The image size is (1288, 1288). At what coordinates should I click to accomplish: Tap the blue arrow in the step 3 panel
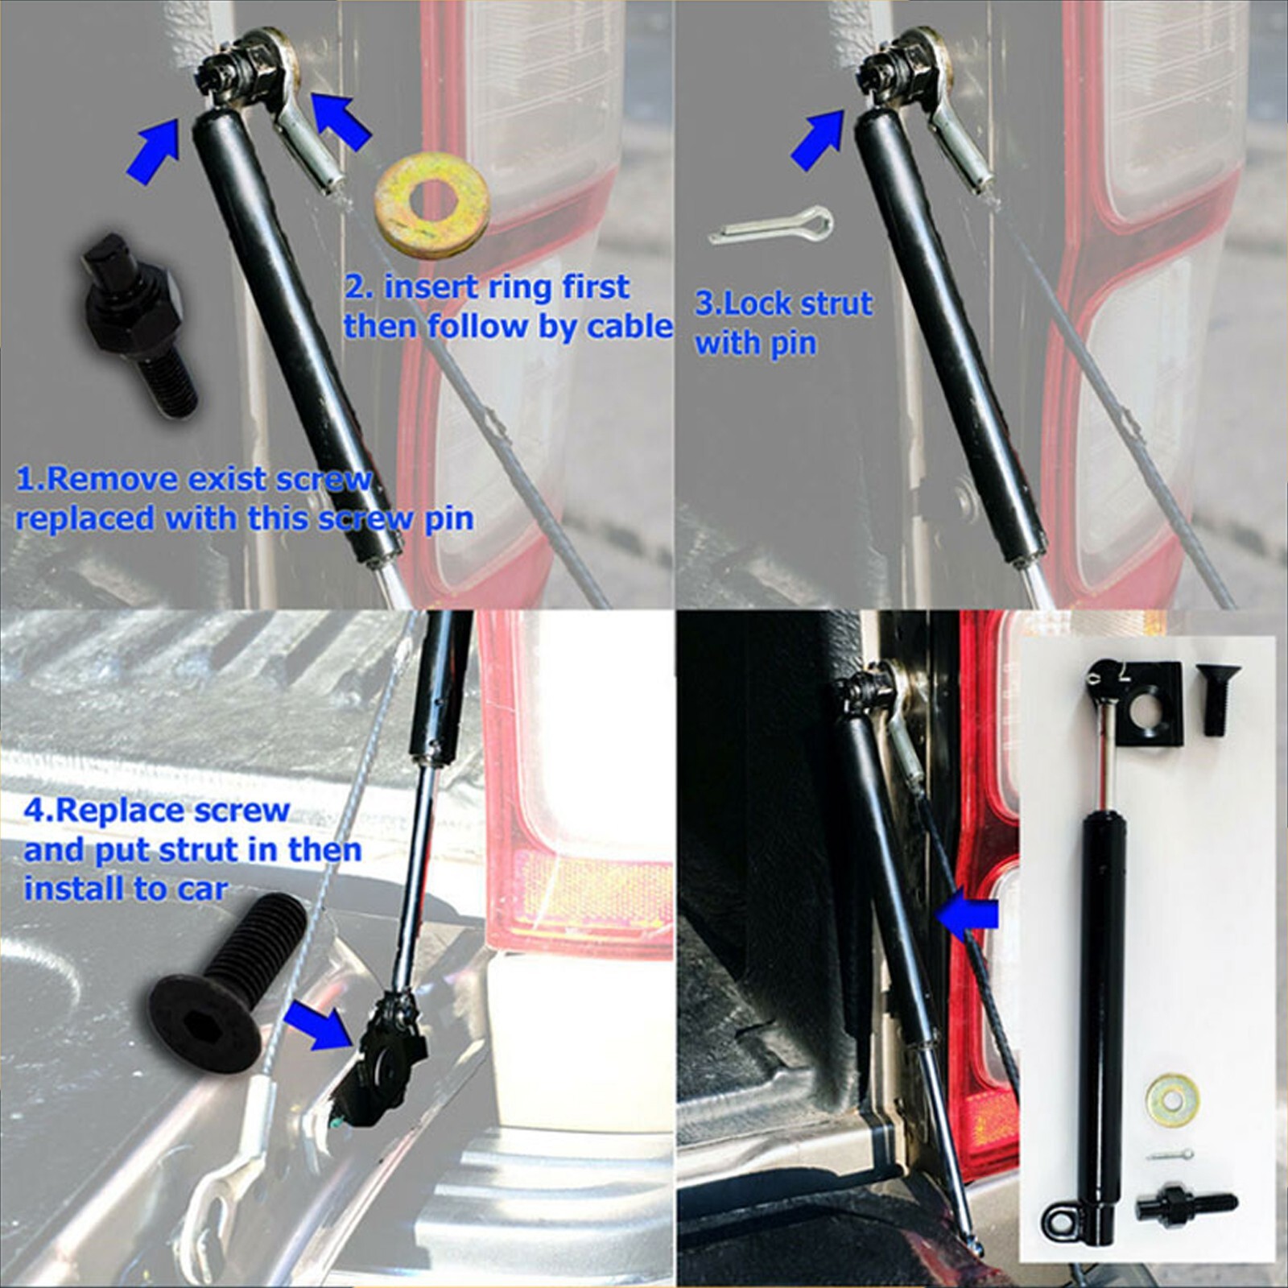[817, 141]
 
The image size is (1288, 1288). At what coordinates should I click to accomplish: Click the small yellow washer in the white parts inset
[1172, 1098]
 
